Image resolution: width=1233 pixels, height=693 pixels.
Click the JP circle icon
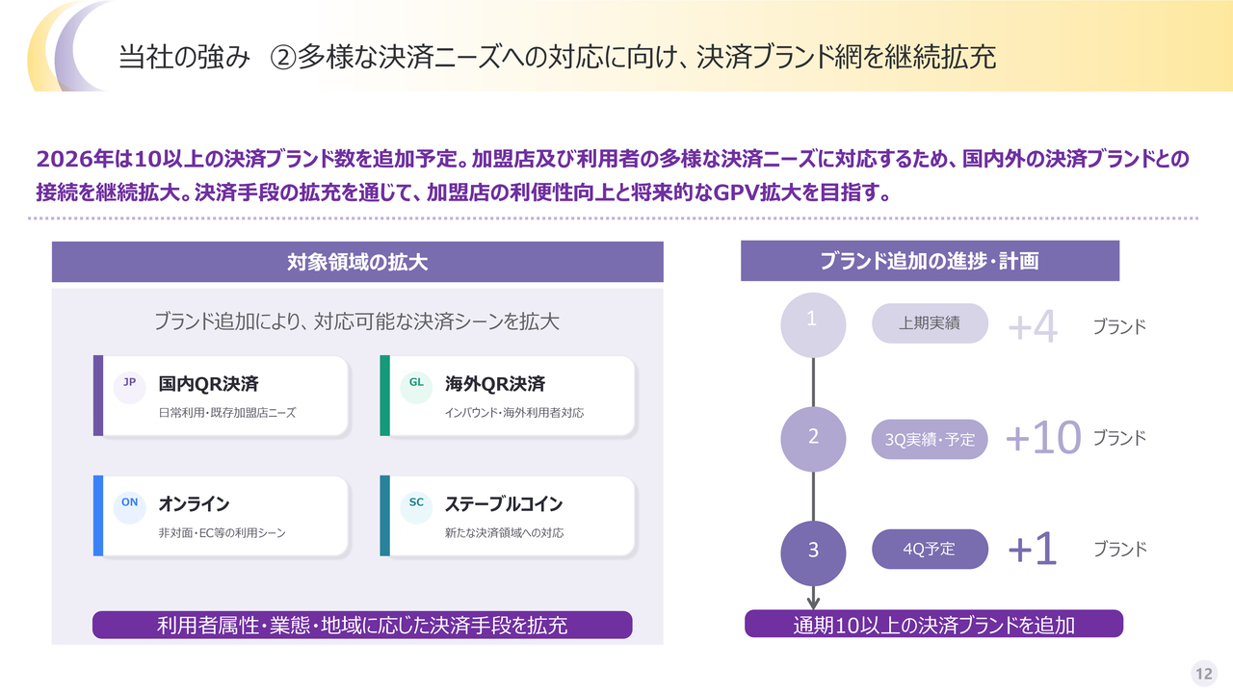[129, 388]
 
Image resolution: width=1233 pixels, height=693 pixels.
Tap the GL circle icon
[416, 388]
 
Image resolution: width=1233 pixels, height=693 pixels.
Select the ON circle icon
[129, 507]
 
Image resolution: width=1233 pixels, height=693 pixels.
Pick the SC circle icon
[416, 507]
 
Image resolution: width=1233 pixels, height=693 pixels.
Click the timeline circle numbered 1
[813, 325]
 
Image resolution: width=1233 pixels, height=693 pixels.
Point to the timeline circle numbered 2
[813, 439]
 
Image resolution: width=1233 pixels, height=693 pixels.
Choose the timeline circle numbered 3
[813, 552]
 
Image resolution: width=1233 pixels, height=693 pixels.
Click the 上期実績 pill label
[930, 323]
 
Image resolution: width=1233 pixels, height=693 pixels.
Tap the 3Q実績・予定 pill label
[930, 439]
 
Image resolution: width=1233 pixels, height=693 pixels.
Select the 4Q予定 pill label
[930, 549]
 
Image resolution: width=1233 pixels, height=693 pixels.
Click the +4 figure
[1033, 326]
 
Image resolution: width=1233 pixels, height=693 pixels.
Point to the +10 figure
[1043, 438]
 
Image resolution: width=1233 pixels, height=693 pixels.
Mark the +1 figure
[1032, 549]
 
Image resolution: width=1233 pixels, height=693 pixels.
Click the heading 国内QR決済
[209, 384]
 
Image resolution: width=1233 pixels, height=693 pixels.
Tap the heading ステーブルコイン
[504, 503]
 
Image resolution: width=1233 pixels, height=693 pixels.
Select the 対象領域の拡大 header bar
[357, 262]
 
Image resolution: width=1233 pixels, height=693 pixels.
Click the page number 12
[1204, 674]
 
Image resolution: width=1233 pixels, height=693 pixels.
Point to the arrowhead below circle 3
[814, 603]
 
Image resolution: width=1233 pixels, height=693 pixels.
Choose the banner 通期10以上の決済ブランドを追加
[933, 625]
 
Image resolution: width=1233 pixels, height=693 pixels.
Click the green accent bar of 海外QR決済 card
[384, 396]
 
